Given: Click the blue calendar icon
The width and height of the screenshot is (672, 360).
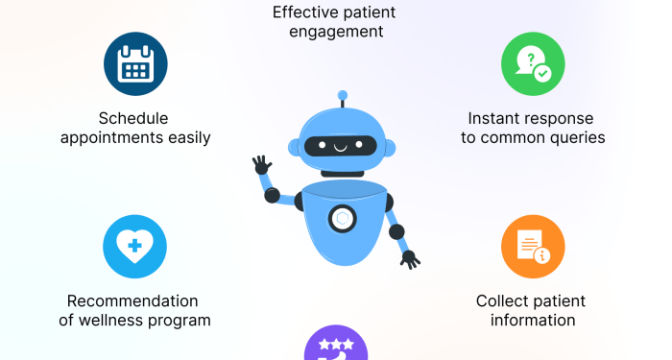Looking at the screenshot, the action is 135,64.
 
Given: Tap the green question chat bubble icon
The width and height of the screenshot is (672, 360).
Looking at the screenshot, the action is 533,64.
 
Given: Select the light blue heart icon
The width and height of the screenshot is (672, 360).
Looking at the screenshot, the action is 135,247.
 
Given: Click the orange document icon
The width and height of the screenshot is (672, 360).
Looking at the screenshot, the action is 533,247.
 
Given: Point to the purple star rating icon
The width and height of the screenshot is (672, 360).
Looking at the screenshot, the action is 335,347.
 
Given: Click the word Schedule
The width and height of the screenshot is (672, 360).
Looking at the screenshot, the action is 133,118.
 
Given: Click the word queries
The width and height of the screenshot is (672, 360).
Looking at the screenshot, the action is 578,137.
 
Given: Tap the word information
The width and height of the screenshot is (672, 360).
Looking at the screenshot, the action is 533,321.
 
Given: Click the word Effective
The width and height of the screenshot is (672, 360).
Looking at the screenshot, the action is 303,12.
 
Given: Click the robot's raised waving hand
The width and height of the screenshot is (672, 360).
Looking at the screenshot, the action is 261,164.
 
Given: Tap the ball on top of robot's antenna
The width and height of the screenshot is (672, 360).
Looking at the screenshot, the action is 343,95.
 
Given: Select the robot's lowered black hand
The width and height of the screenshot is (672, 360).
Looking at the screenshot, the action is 411,258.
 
